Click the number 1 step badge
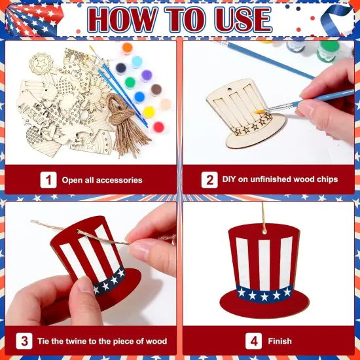(x=48, y=179)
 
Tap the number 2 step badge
(x=209, y=179)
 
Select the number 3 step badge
(x=25, y=341)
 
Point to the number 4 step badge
(x=254, y=341)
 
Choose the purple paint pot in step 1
(x=147, y=75)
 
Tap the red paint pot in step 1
(x=158, y=126)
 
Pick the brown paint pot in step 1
(x=156, y=90)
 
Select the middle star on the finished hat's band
(x=264, y=296)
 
